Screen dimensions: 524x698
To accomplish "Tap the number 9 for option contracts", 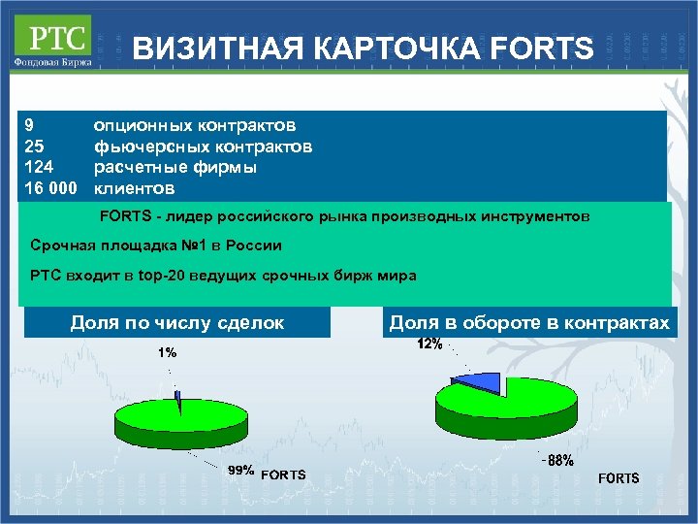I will (30, 125).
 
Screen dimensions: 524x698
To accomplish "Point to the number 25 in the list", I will (34, 147).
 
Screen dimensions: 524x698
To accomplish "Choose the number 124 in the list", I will (38, 167).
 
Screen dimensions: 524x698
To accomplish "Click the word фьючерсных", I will (143, 147).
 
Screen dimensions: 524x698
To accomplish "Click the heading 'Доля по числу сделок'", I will (177, 323).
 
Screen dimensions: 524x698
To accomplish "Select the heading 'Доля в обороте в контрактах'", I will (529, 323).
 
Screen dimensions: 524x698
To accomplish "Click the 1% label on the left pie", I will (168, 353).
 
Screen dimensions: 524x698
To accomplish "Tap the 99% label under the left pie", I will (240, 471).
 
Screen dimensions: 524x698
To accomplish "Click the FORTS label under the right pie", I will (618, 478).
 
